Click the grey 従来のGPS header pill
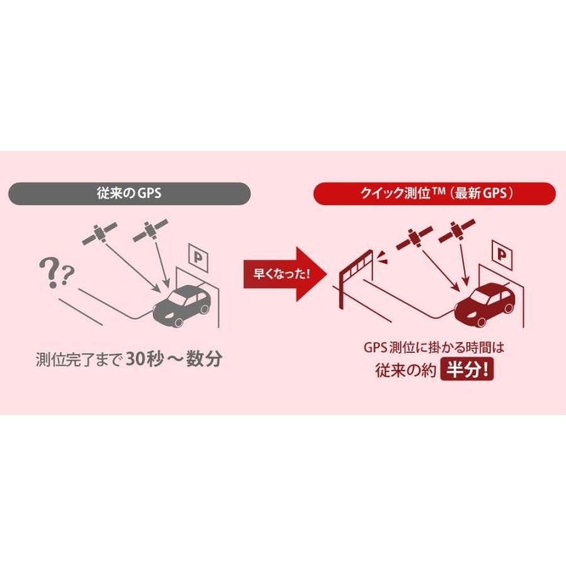tap(129, 193)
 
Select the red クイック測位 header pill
tap(435, 193)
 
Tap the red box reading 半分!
tap(467, 369)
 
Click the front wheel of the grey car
tap(178, 322)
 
